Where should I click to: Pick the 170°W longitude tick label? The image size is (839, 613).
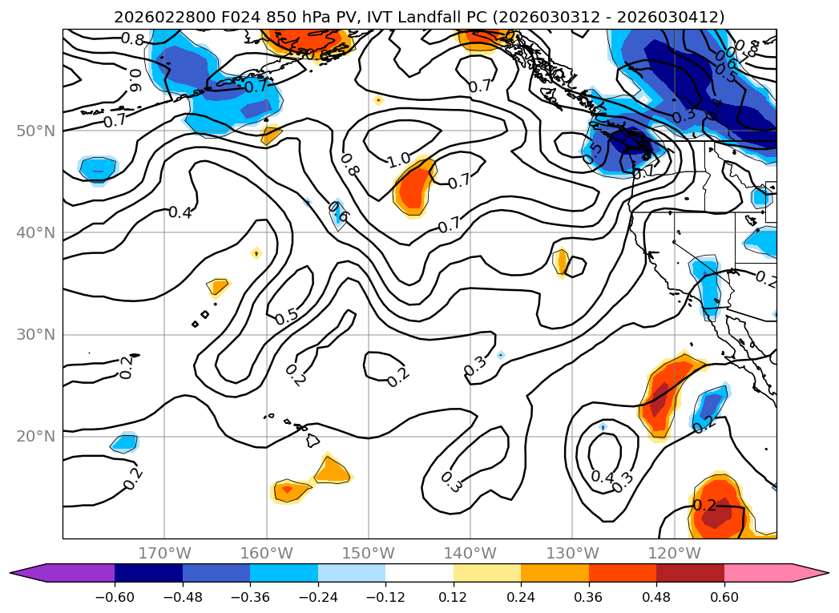(x=164, y=553)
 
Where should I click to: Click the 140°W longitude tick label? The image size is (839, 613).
(x=470, y=553)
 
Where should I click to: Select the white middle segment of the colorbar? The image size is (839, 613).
(x=419, y=573)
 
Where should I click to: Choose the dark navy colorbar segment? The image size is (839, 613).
(x=148, y=573)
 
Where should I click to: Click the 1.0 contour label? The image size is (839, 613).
(x=399, y=160)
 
